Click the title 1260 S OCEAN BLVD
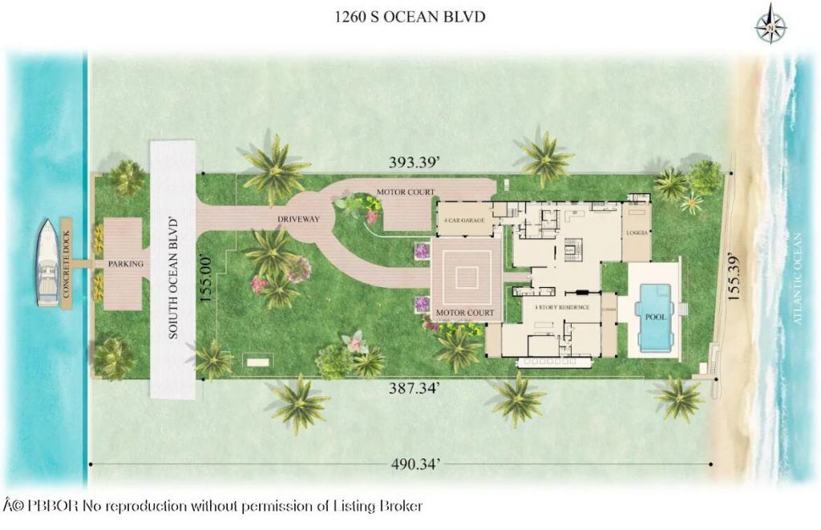[410, 16]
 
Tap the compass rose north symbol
[770, 24]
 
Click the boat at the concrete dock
[47, 263]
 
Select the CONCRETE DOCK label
[67, 263]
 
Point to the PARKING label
[126, 264]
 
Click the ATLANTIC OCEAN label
[798, 278]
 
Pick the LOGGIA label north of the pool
[637, 233]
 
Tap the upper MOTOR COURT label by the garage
[406, 192]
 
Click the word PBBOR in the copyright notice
[51, 506]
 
